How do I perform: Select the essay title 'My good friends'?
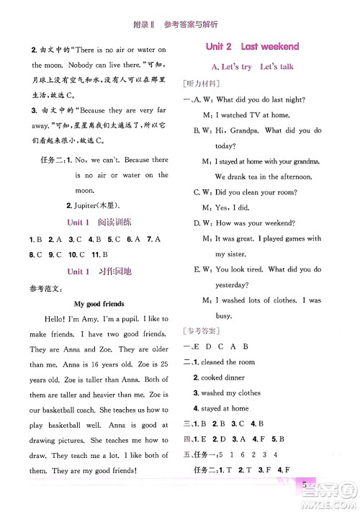pyautogui.click(x=99, y=304)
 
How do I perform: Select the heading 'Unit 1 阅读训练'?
pyautogui.click(x=98, y=222)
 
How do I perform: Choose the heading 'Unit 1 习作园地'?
pyautogui.click(x=98, y=272)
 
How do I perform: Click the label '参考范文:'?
pyautogui.click(x=42, y=289)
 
